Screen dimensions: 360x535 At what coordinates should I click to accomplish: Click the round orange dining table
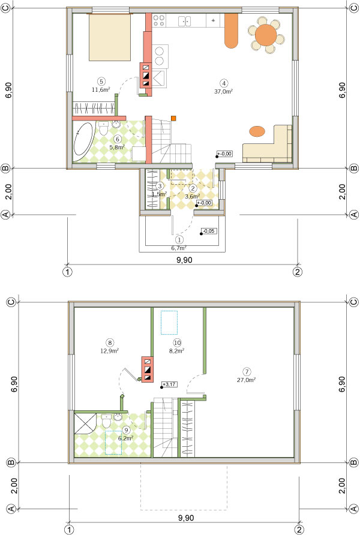pyautogui.click(x=265, y=34)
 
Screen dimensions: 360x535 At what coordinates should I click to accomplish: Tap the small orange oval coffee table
pyautogui.click(x=257, y=131)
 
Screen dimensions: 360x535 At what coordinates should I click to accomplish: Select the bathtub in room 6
pyautogui.click(x=83, y=142)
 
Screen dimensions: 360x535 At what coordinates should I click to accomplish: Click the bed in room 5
pyautogui.click(x=110, y=37)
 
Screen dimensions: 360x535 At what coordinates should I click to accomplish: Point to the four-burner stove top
pyautogui.click(x=158, y=20)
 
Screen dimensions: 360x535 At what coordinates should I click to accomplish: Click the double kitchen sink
pyautogui.click(x=185, y=21)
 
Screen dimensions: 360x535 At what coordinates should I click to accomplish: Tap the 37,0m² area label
pyautogui.click(x=224, y=91)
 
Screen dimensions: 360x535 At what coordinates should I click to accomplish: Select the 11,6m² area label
pyautogui.click(x=101, y=90)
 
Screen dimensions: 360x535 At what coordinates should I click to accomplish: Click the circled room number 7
pyautogui.click(x=247, y=372)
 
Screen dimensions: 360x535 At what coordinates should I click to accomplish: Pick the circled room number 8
pyautogui.click(x=110, y=342)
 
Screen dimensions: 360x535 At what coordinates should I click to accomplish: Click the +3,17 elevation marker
pyautogui.click(x=169, y=384)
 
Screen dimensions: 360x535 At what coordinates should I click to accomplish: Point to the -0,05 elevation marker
pyautogui.click(x=208, y=232)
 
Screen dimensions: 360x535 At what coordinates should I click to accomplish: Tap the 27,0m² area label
pyautogui.click(x=247, y=380)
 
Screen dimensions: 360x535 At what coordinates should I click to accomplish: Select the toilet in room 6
pyautogui.click(x=103, y=128)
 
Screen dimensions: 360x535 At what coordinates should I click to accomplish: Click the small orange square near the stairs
pyautogui.click(x=173, y=118)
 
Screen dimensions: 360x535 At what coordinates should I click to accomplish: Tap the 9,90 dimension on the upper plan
pyautogui.click(x=184, y=260)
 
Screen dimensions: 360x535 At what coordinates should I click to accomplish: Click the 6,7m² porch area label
pyautogui.click(x=179, y=248)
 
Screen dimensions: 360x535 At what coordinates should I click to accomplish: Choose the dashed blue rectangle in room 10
pyautogui.click(x=169, y=323)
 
